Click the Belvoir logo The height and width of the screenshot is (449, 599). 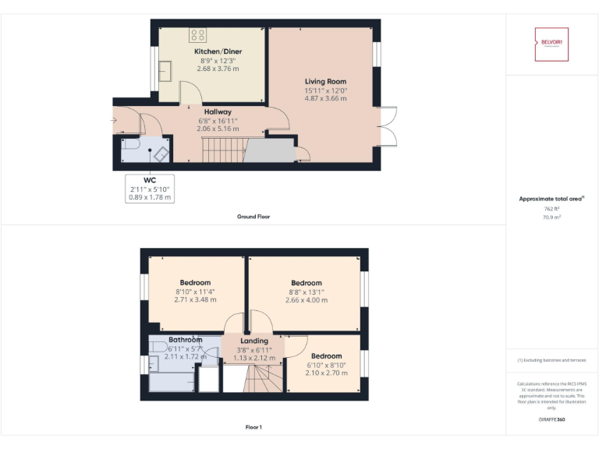point(551,44)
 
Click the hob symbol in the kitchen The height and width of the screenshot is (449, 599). point(198,34)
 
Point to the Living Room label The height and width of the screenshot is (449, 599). point(325,81)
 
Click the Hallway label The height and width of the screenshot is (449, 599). point(218,112)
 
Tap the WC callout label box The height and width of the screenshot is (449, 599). point(150,189)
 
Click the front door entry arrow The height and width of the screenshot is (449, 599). point(115,121)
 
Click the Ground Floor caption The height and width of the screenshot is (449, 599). point(253,217)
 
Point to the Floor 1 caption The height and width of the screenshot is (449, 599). point(253,427)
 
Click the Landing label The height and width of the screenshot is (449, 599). point(254,341)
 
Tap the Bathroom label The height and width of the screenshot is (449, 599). point(186,341)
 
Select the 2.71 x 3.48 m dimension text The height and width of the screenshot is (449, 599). point(195,300)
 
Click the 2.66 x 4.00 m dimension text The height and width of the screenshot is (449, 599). point(307,300)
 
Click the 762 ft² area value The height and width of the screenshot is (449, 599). point(551,209)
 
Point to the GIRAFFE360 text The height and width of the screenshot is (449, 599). point(551,420)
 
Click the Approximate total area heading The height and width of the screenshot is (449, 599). point(550,200)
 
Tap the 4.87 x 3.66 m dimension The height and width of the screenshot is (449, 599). point(325,99)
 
